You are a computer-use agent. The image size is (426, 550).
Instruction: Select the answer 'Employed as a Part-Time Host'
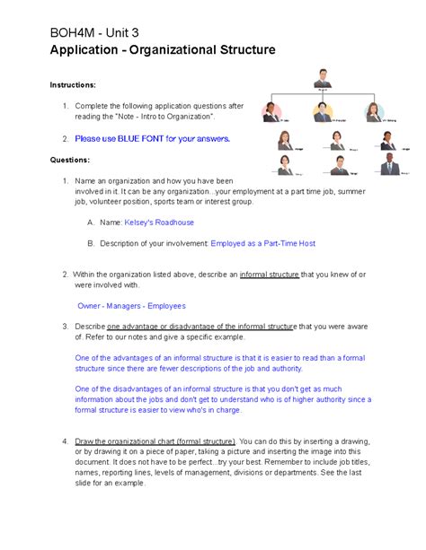click(262, 243)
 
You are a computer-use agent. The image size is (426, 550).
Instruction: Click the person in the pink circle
click(271, 112)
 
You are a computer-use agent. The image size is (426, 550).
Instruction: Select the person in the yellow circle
click(323, 112)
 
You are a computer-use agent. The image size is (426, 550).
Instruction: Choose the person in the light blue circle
click(373, 112)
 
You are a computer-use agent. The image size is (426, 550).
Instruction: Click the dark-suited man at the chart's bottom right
click(388, 163)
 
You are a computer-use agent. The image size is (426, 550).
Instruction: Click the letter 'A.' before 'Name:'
click(90, 221)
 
